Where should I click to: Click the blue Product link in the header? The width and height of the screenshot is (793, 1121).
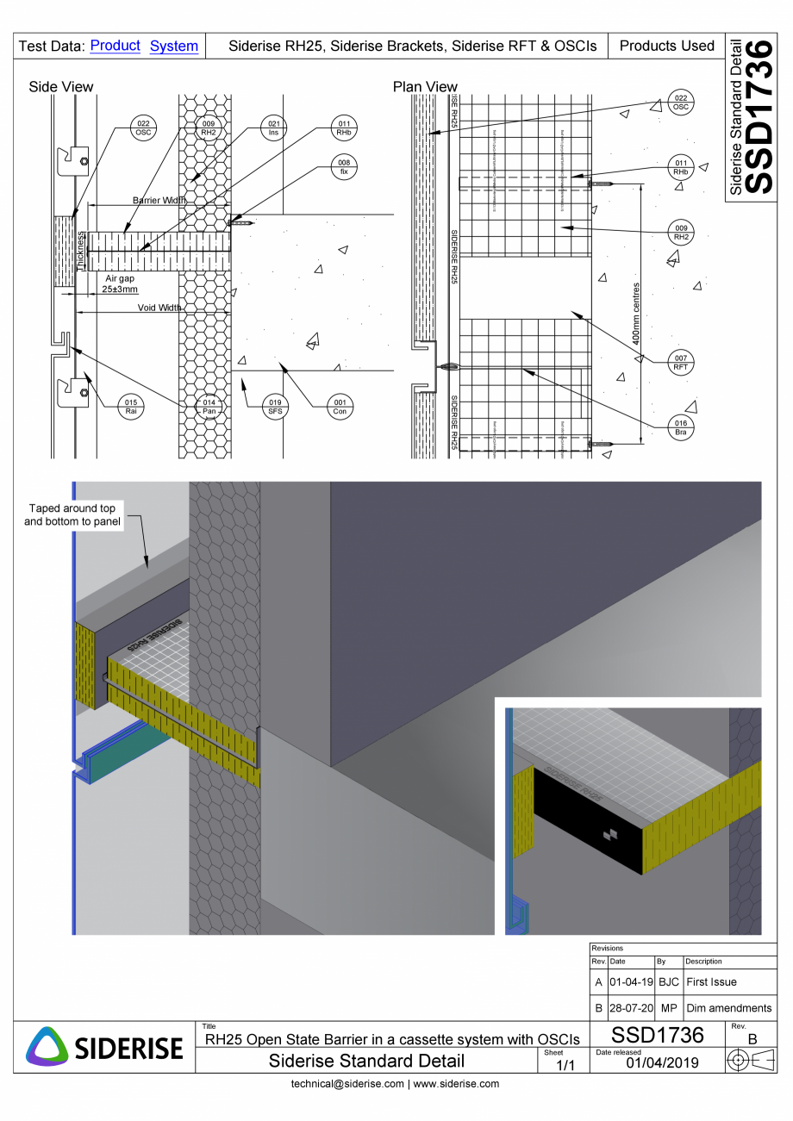(x=115, y=46)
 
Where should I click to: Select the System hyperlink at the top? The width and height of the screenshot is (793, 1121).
(x=173, y=46)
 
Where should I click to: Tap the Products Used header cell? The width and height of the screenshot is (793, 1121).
(x=666, y=46)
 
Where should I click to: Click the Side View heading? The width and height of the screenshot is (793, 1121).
(x=61, y=86)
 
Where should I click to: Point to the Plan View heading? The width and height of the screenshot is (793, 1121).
(x=425, y=86)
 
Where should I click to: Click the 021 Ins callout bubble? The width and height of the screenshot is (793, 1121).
(x=273, y=128)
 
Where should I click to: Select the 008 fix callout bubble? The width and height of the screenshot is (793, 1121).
(x=343, y=166)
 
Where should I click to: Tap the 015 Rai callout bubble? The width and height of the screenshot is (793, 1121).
(x=131, y=407)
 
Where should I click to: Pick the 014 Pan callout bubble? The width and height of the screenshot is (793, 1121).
(x=209, y=407)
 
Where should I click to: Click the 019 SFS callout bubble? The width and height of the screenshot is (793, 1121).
(x=274, y=407)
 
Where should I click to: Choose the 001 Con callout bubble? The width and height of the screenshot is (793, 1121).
(x=340, y=407)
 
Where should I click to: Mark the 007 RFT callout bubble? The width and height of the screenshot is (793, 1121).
(x=681, y=362)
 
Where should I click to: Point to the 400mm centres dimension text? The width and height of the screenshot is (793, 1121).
(x=636, y=314)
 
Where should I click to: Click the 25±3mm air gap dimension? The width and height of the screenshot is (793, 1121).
(x=121, y=290)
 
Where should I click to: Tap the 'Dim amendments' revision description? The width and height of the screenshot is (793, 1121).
(x=728, y=1007)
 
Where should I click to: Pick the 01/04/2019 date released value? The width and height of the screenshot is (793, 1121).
(x=661, y=1062)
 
